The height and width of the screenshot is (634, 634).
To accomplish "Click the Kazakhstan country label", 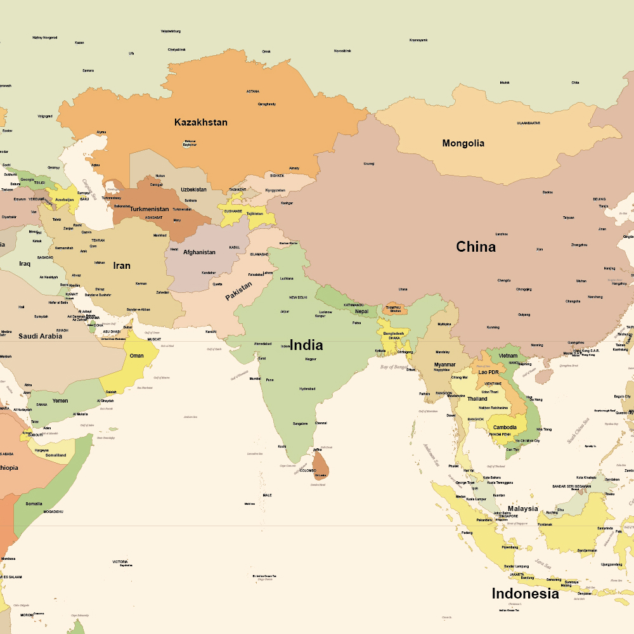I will [200, 122].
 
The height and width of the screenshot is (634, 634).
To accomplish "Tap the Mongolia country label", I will [463, 143].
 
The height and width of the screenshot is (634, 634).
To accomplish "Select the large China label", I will [475, 247].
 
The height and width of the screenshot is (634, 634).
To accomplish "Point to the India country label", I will [306, 346].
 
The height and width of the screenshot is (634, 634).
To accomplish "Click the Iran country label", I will [122, 266].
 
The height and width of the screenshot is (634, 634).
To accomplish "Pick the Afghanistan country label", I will [199, 252].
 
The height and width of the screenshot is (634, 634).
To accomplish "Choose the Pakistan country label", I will [239, 291].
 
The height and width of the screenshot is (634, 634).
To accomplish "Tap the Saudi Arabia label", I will [40, 336].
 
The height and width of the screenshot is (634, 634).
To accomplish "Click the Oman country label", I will [136, 356].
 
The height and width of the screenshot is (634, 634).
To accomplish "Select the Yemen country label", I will [60, 401].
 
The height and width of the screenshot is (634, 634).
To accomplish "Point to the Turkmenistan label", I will [150, 209].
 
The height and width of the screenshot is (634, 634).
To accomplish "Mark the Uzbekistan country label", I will [193, 190].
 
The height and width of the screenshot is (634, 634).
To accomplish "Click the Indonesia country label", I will [525, 594].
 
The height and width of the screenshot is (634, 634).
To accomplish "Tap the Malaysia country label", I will [522, 508].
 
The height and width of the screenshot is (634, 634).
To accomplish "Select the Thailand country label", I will [477, 399].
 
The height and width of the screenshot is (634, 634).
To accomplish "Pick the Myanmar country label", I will [444, 365].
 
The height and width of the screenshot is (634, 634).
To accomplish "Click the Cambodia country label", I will [505, 427].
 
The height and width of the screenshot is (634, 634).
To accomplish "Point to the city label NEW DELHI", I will [298, 297].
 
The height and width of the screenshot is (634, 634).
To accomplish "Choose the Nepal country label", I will [361, 311].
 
